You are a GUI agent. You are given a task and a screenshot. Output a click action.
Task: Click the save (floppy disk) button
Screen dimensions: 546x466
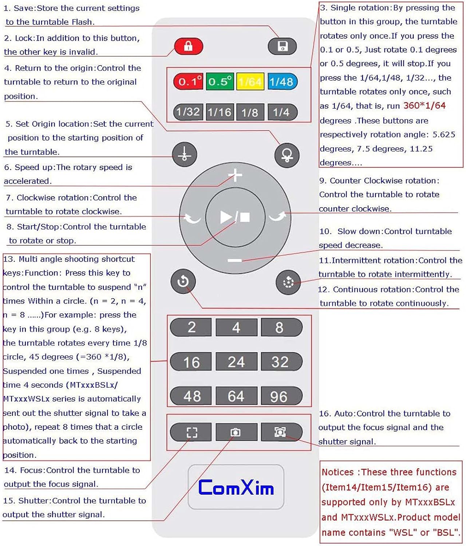tap(283, 47)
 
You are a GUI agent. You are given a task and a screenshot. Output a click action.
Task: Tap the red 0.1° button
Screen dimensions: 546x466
tap(188, 82)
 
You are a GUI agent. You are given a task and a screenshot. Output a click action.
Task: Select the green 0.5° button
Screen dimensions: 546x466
tap(220, 82)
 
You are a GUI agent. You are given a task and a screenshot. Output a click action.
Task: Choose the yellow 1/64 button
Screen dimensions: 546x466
tap(250, 82)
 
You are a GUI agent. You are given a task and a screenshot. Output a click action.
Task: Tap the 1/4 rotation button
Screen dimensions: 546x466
tap(282, 112)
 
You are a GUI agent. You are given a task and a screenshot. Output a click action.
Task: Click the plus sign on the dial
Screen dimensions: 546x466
tap(235, 175)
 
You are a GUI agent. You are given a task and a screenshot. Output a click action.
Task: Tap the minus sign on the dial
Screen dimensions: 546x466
tap(235, 260)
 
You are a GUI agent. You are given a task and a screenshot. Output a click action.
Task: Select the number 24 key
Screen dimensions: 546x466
tap(236, 362)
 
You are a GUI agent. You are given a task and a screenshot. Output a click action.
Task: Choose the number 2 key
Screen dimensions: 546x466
tap(191, 327)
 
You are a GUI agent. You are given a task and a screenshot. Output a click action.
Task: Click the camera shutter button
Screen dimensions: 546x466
tap(236, 432)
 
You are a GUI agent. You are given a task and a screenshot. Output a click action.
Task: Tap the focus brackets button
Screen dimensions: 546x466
tap(191, 432)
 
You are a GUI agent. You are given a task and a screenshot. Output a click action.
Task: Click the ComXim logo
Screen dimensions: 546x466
tap(236, 487)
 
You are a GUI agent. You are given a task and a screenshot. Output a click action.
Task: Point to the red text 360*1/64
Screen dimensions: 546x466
tap(424, 106)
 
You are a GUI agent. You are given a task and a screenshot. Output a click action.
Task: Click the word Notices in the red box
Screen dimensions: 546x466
tap(337, 472)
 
